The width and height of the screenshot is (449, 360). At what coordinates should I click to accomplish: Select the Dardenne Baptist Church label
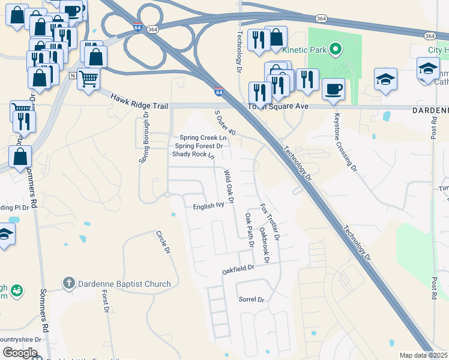tap(124, 284)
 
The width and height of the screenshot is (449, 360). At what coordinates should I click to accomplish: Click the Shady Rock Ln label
tap(193, 154)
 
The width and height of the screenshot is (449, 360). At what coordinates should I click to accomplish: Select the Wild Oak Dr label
tap(228, 186)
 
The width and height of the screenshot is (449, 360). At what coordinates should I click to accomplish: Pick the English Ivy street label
tap(208, 205)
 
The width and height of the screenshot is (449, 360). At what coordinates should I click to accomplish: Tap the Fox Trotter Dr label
tap(270, 221)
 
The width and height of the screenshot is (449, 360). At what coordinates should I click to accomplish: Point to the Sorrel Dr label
tap(252, 299)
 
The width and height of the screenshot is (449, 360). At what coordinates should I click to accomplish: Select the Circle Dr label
tap(163, 242)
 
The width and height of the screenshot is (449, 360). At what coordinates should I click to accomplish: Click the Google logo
tap(20, 353)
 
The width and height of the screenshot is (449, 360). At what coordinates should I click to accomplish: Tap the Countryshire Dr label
tap(20, 339)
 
